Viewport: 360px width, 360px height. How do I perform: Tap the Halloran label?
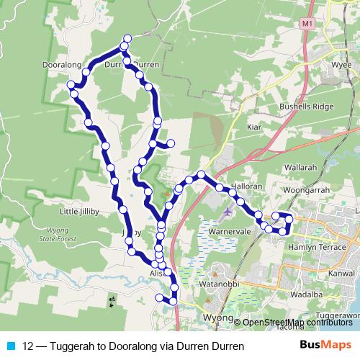pyautogui.click(x=240, y=185)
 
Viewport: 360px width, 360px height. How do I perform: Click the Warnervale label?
pyautogui.click(x=230, y=233)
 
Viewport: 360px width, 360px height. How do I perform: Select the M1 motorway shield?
pyautogui.click(x=307, y=24)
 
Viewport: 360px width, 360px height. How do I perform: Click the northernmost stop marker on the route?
pyautogui.click(x=128, y=38)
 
